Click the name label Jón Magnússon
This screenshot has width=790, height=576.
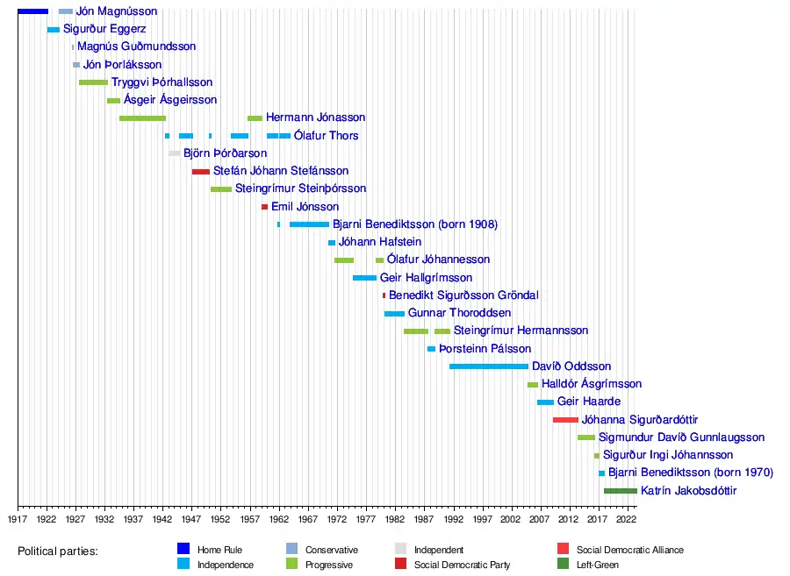pos(117,11)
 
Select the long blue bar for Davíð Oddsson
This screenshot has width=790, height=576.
pos(489,366)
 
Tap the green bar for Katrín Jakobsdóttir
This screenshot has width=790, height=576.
pos(621,491)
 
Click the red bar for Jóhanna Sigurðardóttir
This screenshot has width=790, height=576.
pos(565,420)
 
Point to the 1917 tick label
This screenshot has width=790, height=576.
pos(18,519)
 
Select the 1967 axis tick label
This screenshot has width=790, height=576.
pos(308,519)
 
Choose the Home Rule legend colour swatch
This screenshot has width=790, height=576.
pos(183,550)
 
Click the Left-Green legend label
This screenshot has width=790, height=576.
pos(597,565)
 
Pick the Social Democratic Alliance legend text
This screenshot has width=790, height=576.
pos(629,550)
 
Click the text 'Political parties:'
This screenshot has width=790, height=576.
pos(58,551)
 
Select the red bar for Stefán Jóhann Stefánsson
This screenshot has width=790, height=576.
pos(201,171)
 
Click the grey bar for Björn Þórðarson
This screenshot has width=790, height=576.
pos(175,153)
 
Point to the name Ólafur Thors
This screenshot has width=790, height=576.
pos(326,136)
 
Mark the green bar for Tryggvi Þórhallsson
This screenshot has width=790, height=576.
pos(93,82)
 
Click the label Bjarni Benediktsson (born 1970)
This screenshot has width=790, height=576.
pos(690,473)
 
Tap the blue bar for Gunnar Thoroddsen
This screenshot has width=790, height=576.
pos(394,314)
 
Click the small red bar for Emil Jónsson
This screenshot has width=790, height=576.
pos(264,207)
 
